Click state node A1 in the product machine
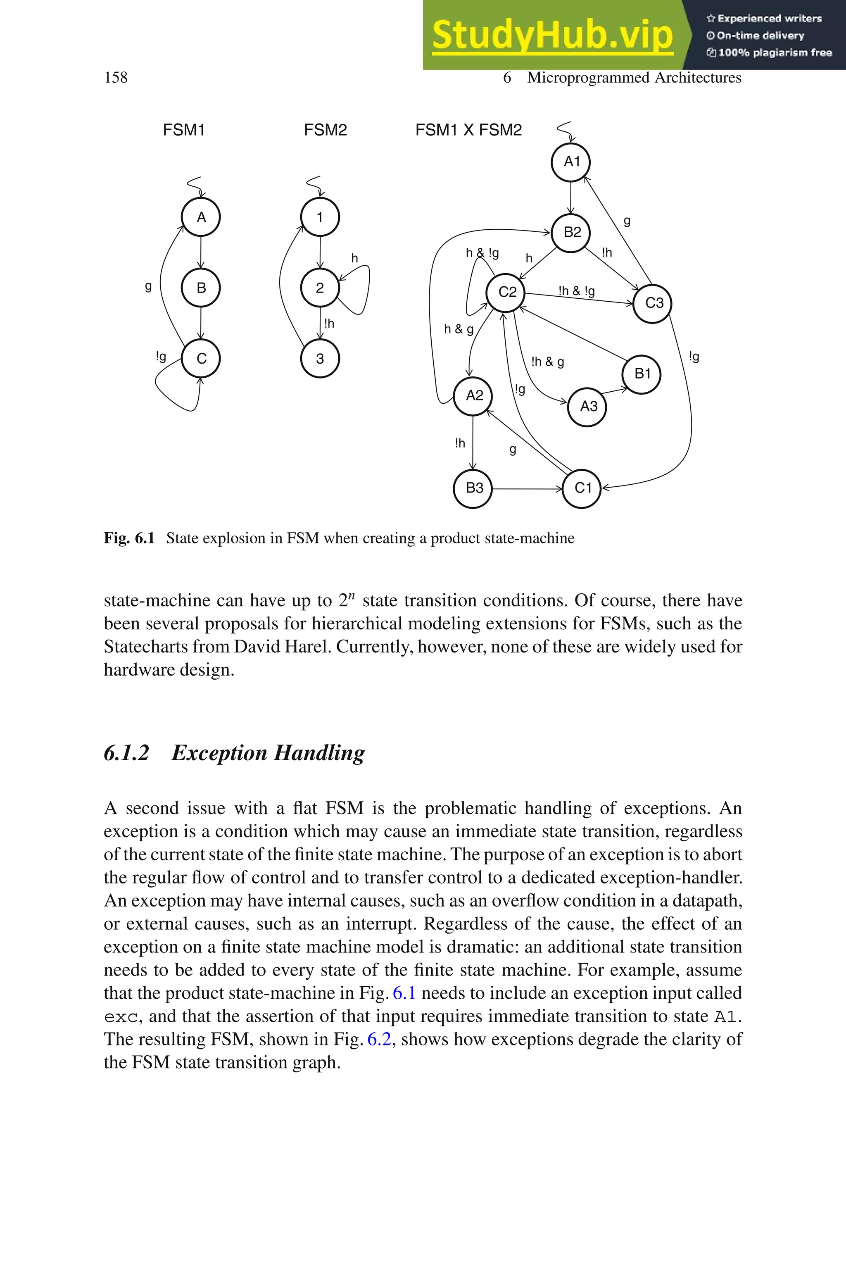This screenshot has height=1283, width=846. pos(571,162)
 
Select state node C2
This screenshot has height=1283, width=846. pos(506,293)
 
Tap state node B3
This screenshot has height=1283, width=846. pos(473,488)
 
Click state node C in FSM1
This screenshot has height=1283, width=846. pos(201,359)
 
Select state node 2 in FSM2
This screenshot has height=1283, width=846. pos(320,288)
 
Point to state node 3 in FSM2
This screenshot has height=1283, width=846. pos(320,359)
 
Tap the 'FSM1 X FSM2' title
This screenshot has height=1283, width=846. pos(468,130)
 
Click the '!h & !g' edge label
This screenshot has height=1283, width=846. pos(576,291)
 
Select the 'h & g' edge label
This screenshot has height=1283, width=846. pos(458,329)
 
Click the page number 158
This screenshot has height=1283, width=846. pos(116,78)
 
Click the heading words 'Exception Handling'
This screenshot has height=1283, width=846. pos(268,752)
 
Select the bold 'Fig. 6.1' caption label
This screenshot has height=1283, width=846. pos(129,538)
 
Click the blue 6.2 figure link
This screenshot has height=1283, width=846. pos(379,1039)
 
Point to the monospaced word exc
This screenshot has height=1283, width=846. pos(121,1016)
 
